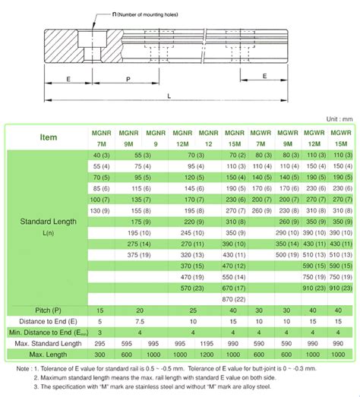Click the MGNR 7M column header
(100, 138)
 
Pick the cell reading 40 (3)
(100, 155)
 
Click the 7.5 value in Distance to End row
(140, 322)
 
